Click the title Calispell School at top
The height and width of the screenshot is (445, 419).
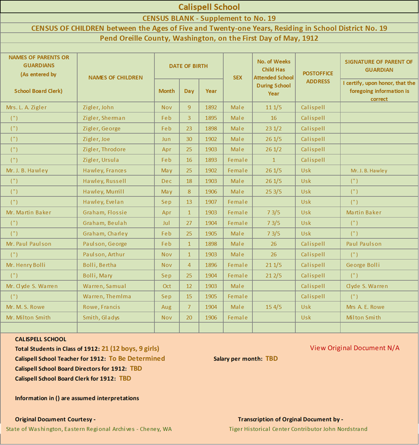coord(209,7)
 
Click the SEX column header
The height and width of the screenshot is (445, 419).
coord(237,78)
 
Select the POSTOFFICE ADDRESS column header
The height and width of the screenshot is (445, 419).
coord(317,77)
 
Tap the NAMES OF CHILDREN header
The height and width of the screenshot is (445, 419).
coord(116,78)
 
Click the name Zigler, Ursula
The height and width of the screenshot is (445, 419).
coord(104,160)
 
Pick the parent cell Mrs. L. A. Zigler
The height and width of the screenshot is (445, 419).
coord(27,108)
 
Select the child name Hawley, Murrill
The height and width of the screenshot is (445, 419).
coord(104,192)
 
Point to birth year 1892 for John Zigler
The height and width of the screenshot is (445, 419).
coord(211,108)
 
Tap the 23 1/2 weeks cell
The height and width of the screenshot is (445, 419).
coord(273,129)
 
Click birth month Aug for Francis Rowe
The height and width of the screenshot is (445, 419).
coord(166,307)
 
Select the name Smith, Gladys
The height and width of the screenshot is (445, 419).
coord(102,318)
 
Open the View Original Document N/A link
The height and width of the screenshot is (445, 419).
coord(354,348)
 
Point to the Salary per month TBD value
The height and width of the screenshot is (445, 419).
coord(271,359)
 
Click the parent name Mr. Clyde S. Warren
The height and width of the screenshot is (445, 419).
coord(32,286)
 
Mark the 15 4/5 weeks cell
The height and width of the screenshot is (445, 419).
coord(273,307)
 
